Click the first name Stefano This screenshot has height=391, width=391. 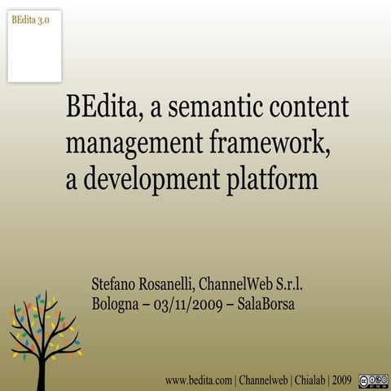116,284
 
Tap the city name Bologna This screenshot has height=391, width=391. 117,304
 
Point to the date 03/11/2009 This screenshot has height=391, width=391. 186,304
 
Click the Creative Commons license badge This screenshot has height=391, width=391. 373,380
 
